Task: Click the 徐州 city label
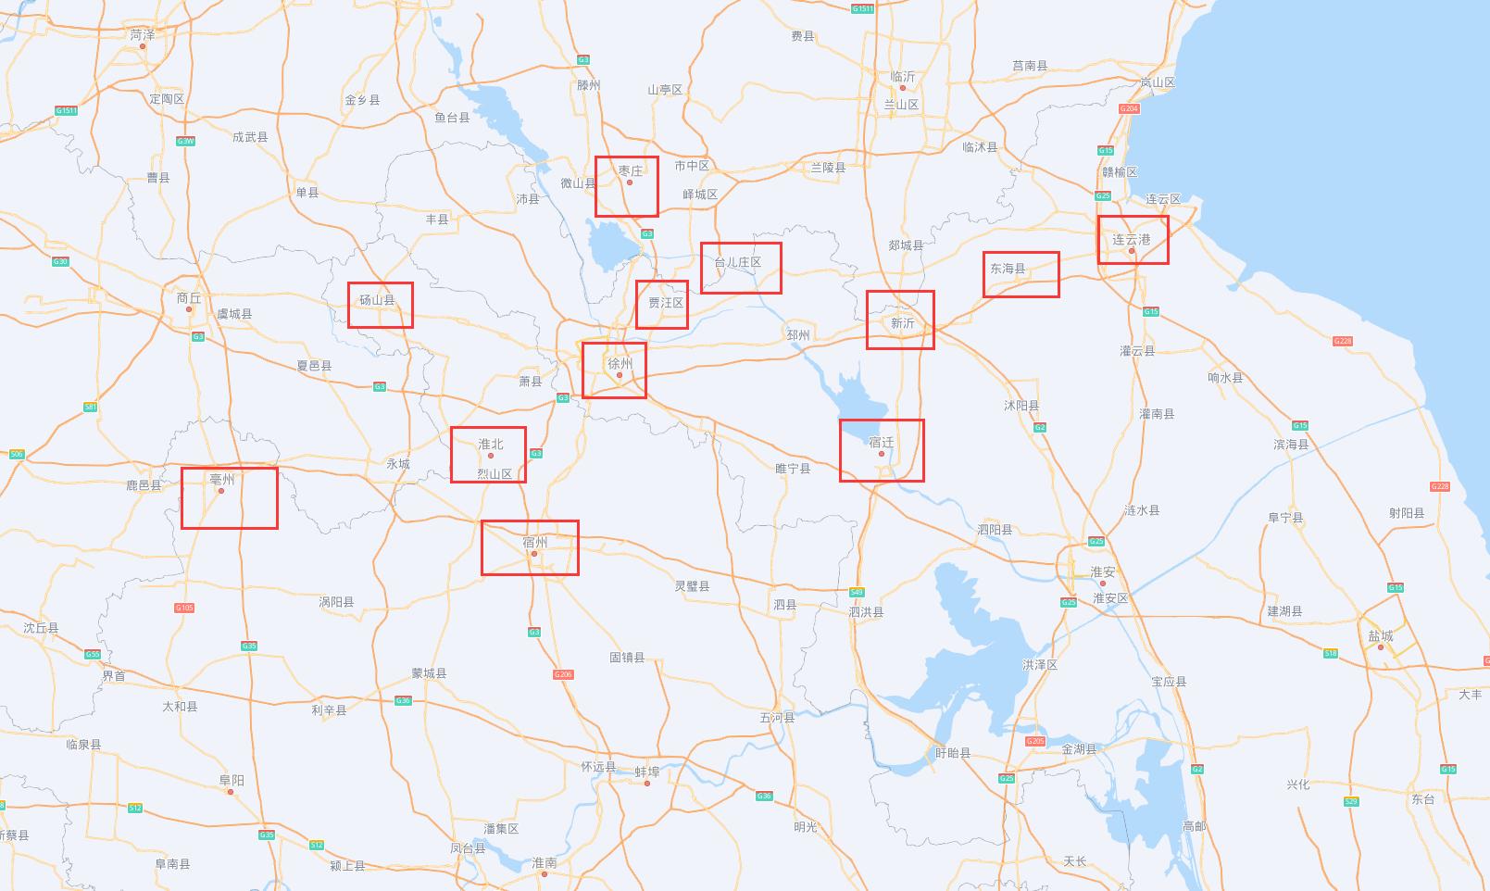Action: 620,364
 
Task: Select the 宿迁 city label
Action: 881,443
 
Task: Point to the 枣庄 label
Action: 630,171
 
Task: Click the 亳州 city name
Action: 222,479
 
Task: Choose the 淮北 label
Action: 490,445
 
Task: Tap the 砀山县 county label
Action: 377,300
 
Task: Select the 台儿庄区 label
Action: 737,263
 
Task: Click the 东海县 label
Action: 1008,269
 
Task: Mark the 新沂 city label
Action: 902,323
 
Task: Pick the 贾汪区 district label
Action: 665,303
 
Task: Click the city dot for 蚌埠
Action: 647,784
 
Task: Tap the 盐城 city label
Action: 1380,636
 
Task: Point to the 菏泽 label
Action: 143,34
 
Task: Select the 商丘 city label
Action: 188,298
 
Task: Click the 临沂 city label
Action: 902,77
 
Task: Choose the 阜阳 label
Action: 232,781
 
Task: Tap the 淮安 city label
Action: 1102,572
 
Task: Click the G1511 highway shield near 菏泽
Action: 66,110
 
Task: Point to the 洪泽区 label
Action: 1040,665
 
